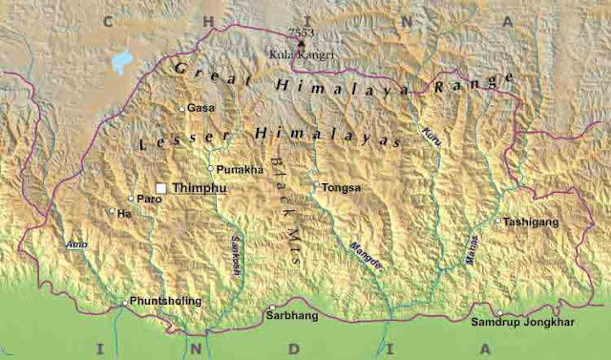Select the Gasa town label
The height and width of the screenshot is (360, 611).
(x=200, y=108)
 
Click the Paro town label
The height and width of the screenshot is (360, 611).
(x=150, y=199)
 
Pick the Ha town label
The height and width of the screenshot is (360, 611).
(x=124, y=213)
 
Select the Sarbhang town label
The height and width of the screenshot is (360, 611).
(x=289, y=312)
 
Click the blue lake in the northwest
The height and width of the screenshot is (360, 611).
(x=120, y=63)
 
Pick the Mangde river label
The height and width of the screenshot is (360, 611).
(x=366, y=255)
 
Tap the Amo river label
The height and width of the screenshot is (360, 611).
(x=76, y=244)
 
